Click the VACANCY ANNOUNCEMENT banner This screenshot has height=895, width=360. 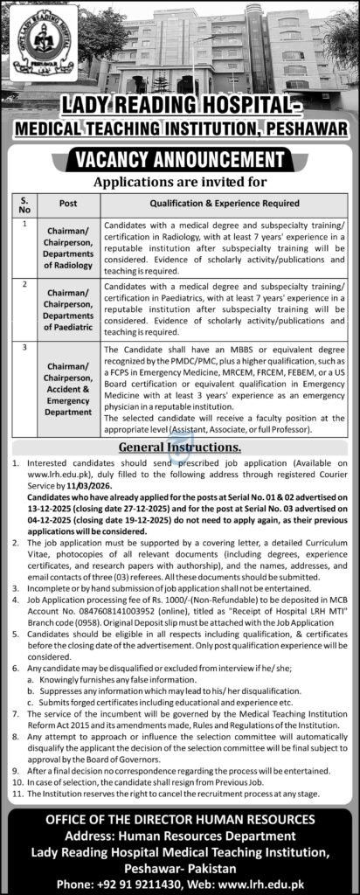[x=179, y=159]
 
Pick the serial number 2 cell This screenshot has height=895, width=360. [x=26, y=285]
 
